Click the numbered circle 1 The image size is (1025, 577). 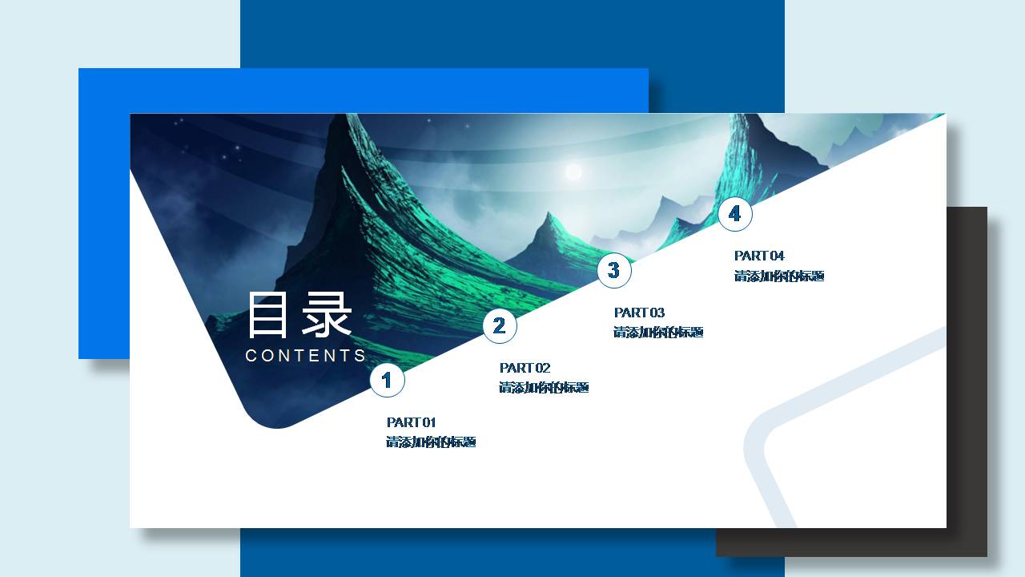point(387,380)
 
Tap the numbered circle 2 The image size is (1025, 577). point(500,326)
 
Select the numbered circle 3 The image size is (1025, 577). point(614,271)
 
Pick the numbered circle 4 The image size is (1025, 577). point(735,214)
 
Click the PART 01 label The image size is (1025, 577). point(412,422)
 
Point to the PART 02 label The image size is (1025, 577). point(525,368)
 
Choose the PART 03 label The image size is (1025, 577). point(640,313)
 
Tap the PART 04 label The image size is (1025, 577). point(760,256)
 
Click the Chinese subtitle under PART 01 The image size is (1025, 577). point(432,442)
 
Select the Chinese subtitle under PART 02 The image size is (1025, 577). point(545,388)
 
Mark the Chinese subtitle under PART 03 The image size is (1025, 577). point(659,333)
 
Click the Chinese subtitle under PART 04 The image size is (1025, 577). point(780,276)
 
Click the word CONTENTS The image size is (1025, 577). point(306,356)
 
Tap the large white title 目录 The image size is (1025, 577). point(299,316)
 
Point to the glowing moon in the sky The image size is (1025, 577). point(573,171)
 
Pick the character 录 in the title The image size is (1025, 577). point(327,316)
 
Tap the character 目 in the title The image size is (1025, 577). point(269,316)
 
